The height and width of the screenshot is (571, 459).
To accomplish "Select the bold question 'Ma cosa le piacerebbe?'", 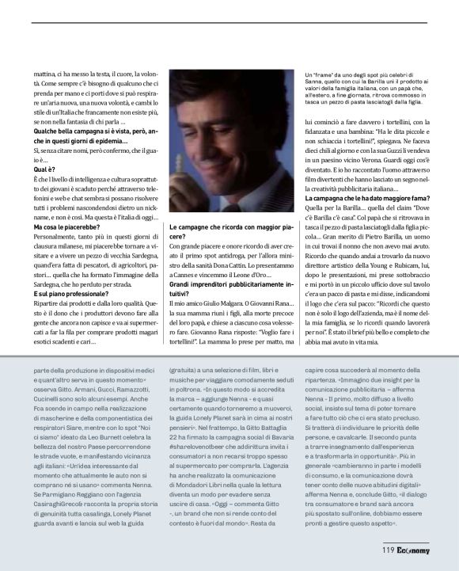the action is (x=68, y=228).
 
